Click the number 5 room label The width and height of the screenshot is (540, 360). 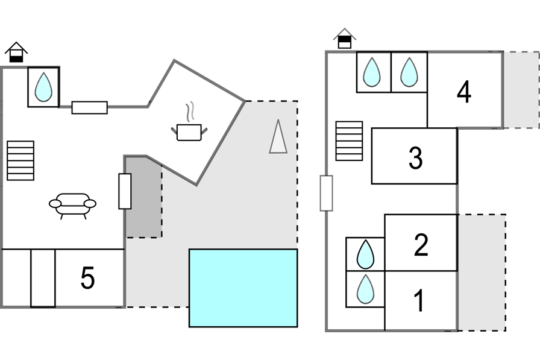coord(88,278)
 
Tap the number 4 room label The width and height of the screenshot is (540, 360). coord(464,93)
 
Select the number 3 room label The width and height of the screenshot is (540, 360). coord(415,158)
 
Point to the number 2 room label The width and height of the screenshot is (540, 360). coord(421,245)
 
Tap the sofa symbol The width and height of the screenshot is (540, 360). coord(72,204)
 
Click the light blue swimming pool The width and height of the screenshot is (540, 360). coord(243,288)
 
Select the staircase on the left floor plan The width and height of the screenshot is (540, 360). coord(20,160)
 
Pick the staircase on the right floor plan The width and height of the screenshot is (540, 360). coord(349,141)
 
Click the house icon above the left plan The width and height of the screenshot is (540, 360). coord(16,52)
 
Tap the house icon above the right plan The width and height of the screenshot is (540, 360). coord(345,39)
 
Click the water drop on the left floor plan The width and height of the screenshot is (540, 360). coord(43,87)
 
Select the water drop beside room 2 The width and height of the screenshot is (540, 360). coord(365,254)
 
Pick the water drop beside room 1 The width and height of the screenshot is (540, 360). coord(365,289)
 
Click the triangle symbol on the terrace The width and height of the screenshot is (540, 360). coord(278,137)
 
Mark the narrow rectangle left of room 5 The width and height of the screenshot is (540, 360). coord(43,278)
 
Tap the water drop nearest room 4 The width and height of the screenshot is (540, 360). coord(409,72)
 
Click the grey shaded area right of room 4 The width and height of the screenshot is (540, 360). coord(521,89)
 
